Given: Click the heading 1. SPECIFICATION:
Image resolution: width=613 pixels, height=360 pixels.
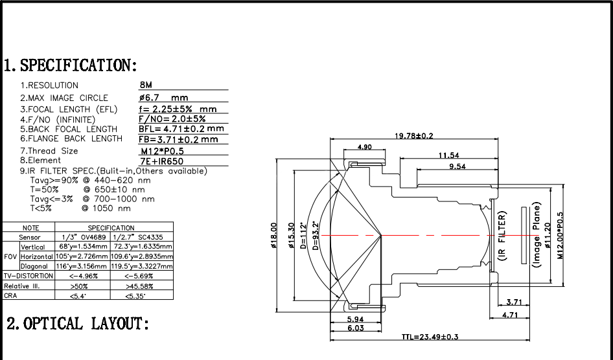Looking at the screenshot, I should click(x=71, y=65).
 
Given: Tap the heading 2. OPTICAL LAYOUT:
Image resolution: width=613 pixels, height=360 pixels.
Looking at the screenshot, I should click(x=78, y=323).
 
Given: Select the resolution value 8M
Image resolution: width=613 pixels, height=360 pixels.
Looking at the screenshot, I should click(x=146, y=85).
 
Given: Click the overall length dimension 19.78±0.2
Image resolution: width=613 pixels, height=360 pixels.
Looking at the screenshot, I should click(x=414, y=135).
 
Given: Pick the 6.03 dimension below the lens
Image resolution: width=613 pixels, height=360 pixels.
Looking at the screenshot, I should click(x=356, y=328).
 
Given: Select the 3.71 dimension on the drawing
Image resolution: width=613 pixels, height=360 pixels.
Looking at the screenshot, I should click(x=514, y=302).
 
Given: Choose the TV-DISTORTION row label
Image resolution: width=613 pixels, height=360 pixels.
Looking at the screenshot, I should click(x=29, y=276).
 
